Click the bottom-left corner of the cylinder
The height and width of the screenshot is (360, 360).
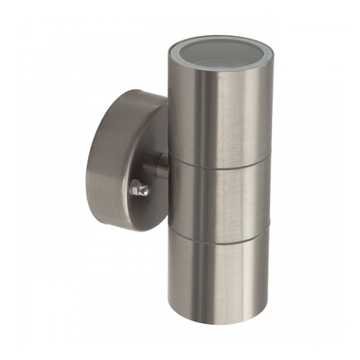(x=172, y=311)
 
